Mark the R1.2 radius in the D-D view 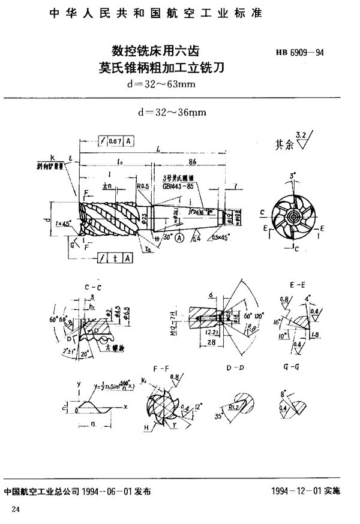[241, 406]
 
